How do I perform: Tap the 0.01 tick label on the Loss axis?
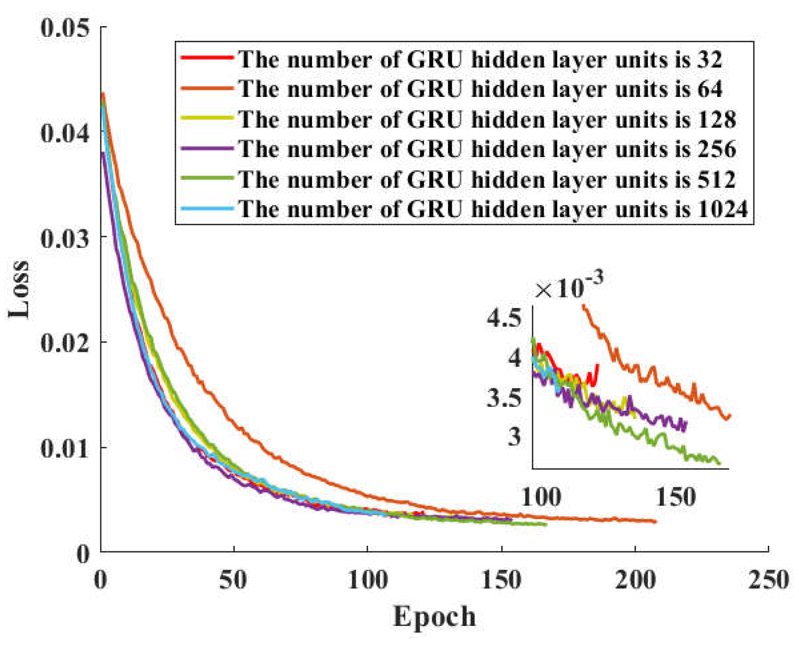pyautogui.click(x=65, y=448)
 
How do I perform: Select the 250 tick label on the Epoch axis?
pyautogui.click(x=768, y=581)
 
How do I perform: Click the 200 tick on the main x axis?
pyautogui.click(x=635, y=581)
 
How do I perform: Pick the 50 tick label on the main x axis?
pyautogui.click(x=233, y=581)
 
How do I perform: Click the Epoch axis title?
pyautogui.click(x=434, y=617)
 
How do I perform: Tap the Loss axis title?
pyautogui.click(x=19, y=289)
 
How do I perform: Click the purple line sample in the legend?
pyautogui.click(x=207, y=148)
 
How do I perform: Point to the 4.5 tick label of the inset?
pyautogui.click(x=504, y=318)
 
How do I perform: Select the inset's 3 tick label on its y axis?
pyautogui.click(x=514, y=436)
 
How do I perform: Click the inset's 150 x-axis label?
pyautogui.click(x=676, y=497)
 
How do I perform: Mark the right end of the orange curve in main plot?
pyautogui.click(x=655, y=521)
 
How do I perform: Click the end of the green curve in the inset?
pyautogui.click(x=719, y=463)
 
